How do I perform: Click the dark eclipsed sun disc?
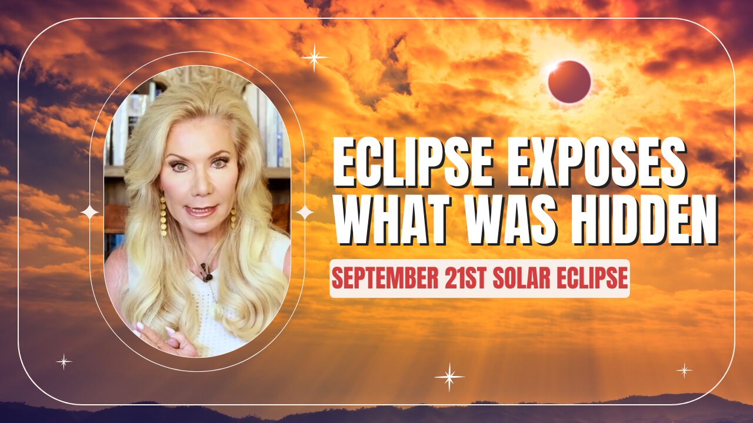click(x=569, y=82)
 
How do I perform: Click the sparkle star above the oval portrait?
click(x=314, y=58)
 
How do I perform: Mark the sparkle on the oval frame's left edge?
click(x=90, y=212)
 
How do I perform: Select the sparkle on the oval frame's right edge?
click(x=304, y=212)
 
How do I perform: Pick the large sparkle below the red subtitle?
click(x=449, y=377)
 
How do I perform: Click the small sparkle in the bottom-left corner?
click(x=64, y=361)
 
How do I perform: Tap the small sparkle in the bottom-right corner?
click(x=684, y=370)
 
